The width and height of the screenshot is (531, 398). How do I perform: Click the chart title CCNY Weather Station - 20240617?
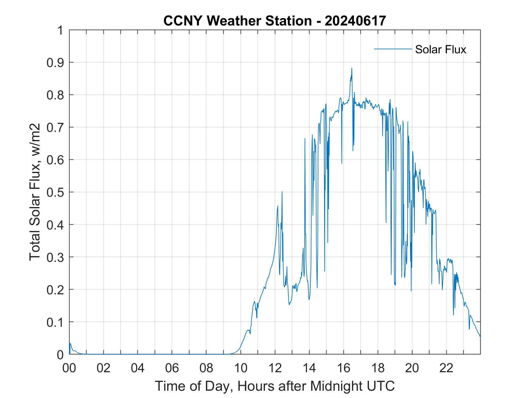point(275,21)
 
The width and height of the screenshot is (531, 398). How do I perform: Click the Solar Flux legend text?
point(440,49)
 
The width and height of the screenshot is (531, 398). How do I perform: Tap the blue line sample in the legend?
point(393,49)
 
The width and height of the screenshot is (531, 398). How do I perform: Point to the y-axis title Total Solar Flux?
point(35,192)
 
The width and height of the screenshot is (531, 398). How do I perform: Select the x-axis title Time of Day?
point(275,386)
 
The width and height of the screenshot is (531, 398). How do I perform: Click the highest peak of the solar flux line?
point(352,68)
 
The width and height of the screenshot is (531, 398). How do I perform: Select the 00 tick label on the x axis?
point(69,368)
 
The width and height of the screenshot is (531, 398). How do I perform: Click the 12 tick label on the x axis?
point(275,368)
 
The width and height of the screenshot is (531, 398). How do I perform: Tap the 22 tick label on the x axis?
point(446,368)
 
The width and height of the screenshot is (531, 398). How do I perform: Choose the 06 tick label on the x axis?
point(172,368)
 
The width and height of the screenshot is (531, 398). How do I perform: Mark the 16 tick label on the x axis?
point(343,368)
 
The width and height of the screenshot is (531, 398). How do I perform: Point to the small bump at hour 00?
point(70,343)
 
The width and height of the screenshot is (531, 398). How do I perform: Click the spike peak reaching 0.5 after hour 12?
point(282,192)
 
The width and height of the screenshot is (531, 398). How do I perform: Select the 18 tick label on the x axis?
point(378,368)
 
